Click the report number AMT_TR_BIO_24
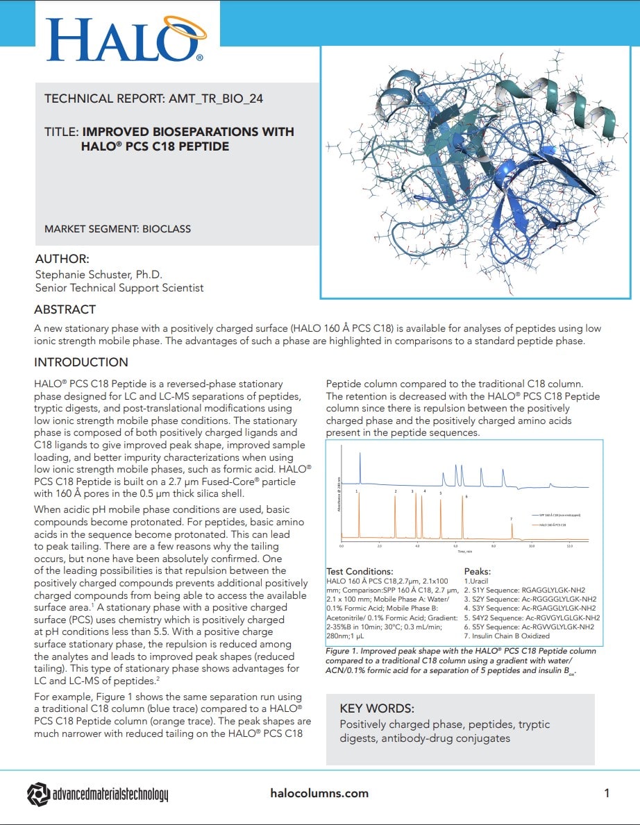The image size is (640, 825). click(215, 99)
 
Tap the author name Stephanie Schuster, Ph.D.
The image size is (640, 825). click(99, 274)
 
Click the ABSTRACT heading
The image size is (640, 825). click(65, 309)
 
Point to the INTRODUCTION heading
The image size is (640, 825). click(81, 362)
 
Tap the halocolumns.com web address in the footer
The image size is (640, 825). click(319, 793)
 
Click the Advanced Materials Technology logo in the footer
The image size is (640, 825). click(97, 794)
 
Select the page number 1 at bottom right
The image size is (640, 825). click(607, 793)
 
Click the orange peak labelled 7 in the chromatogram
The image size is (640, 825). click(512, 531)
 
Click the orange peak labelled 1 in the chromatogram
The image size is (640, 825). click(360, 513)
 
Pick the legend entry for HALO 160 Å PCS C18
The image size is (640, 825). click(553, 525)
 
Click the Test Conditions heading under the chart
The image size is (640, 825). click(360, 572)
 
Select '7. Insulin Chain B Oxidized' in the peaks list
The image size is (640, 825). click(507, 636)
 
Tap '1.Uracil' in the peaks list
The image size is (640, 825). click(478, 580)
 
